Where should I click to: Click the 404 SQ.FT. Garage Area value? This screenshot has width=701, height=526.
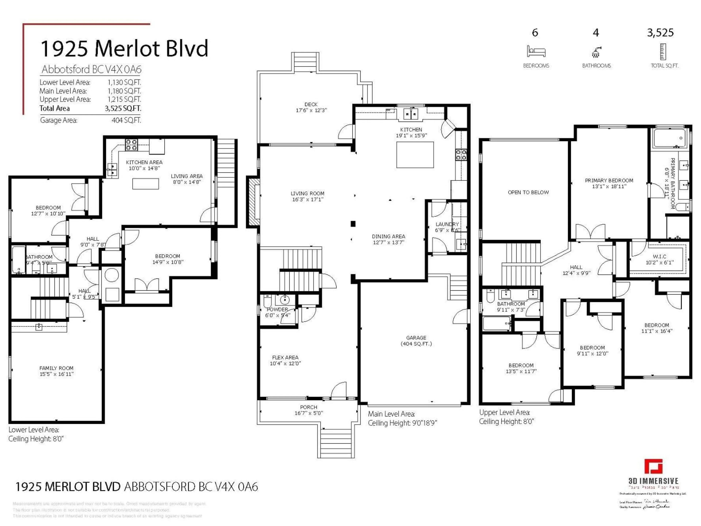[x=126, y=120]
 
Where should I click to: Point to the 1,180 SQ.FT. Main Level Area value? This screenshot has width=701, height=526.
[x=124, y=91]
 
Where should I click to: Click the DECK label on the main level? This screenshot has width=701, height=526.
[x=311, y=104]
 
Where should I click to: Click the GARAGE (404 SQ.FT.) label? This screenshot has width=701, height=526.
[x=416, y=340]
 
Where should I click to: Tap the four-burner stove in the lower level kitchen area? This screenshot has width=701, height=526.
[x=131, y=145]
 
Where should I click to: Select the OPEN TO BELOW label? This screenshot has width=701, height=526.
[x=528, y=192]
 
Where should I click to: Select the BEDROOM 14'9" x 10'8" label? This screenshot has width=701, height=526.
[x=168, y=259]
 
